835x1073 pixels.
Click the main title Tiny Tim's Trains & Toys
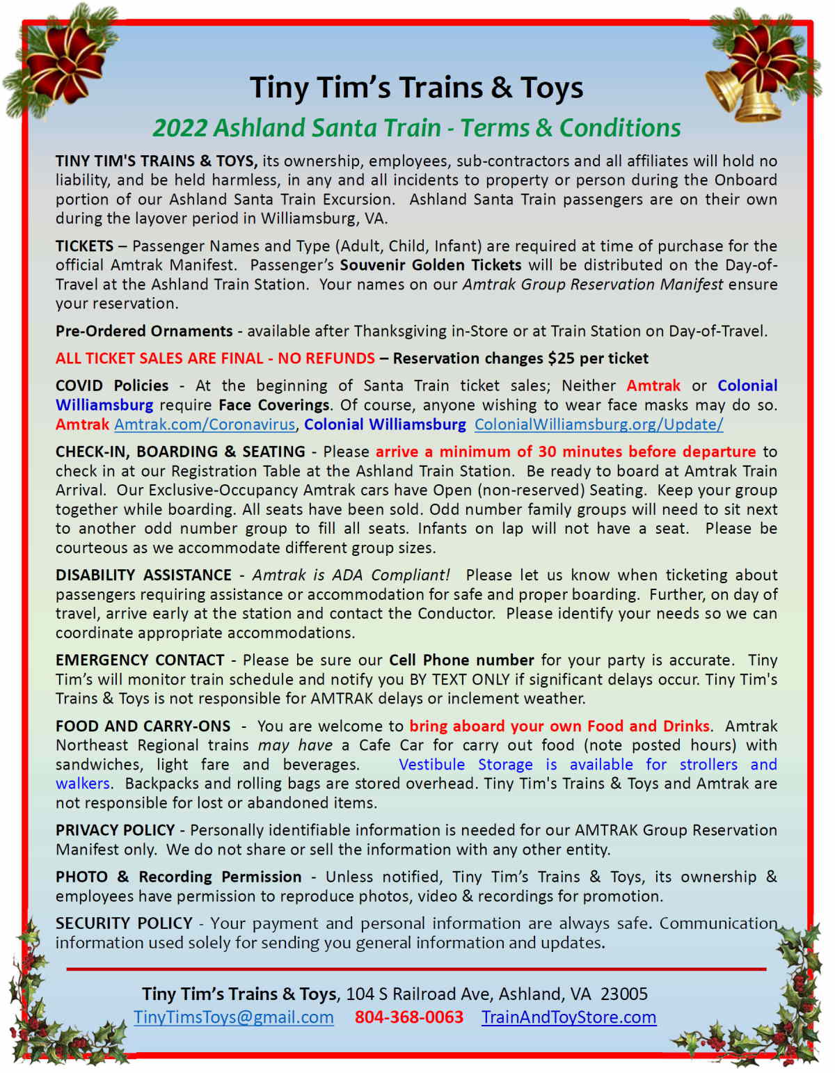coord(416,88)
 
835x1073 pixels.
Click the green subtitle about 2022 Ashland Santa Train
coord(416,128)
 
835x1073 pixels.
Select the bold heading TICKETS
coord(84,246)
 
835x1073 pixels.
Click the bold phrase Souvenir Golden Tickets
coord(430,265)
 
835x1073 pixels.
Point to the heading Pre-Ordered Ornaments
coord(144,331)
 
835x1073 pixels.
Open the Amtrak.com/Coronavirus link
coord(205,424)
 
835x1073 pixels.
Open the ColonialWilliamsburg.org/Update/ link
coord(598,424)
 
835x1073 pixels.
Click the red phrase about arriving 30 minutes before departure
coord(565,452)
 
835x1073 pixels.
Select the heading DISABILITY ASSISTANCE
coord(143,575)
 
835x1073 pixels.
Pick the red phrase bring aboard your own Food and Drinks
coord(559,726)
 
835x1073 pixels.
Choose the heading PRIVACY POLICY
coord(115,830)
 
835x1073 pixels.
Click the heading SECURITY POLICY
coord(124,923)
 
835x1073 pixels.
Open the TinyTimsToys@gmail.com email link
coord(234,1017)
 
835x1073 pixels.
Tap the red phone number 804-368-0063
coord(408,1017)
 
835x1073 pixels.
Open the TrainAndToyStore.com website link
coord(568,1017)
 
